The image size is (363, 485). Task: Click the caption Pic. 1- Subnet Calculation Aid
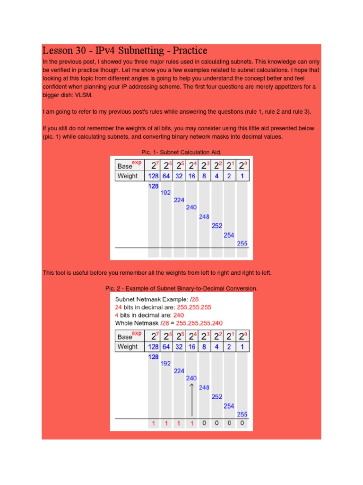(x=181, y=152)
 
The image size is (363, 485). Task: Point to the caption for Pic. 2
(x=181, y=288)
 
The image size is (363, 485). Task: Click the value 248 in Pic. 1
(x=204, y=216)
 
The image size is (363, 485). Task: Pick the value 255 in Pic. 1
(x=242, y=243)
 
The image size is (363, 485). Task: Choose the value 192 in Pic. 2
(x=166, y=363)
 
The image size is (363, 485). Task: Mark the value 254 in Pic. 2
(x=229, y=405)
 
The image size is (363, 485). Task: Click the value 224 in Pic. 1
(x=179, y=200)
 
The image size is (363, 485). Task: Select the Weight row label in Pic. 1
(x=128, y=176)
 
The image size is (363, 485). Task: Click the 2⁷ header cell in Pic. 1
(x=154, y=165)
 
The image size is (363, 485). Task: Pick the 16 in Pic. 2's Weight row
(x=191, y=347)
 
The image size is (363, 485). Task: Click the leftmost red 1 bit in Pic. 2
(x=153, y=423)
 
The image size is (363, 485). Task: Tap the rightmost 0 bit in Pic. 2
(x=242, y=423)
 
